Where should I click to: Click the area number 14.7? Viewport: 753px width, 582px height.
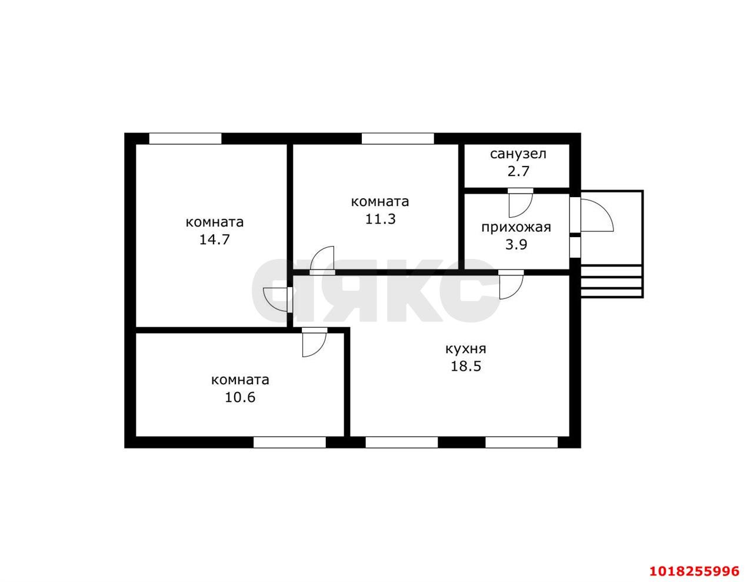(x=215, y=240)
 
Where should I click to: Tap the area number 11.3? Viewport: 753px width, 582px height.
(x=380, y=219)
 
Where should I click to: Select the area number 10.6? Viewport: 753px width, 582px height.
(x=240, y=397)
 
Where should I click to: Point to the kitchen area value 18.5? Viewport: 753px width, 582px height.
(x=466, y=366)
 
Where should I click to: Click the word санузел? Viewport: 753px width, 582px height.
(x=518, y=154)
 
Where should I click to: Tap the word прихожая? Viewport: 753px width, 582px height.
(x=516, y=228)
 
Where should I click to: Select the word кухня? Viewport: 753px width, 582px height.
(x=466, y=349)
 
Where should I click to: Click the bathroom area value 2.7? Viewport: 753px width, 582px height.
(x=518, y=171)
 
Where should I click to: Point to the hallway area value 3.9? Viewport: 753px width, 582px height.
(x=516, y=244)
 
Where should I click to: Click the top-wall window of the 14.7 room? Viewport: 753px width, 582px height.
(x=185, y=139)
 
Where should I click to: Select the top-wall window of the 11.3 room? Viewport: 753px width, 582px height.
(x=398, y=139)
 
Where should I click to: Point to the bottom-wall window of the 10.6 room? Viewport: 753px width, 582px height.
(x=289, y=443)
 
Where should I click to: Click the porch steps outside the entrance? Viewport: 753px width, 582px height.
(x=612, y=281)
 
